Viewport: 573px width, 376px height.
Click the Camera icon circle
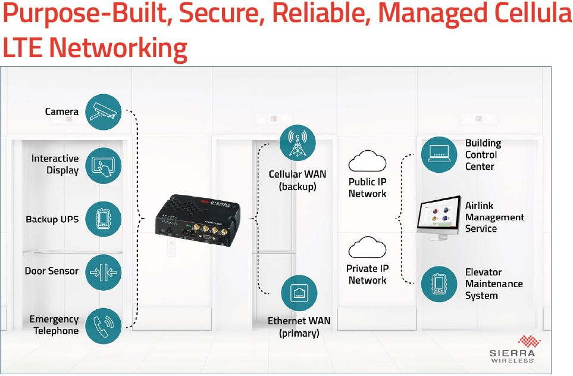pyautogui.click(x=104, y=111)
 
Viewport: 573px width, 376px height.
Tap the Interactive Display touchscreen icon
pyautogui.click(x=104, y=165)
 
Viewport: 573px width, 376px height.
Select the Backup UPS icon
pyautogui.click(x=104, y=219)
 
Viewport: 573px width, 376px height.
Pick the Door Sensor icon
pyautogui.click(x=104, y=272)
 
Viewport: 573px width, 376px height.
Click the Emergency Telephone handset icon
pyautogui.click(x=104, y=325)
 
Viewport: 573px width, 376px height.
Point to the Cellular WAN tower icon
pyautogui.click(x=297, y=143)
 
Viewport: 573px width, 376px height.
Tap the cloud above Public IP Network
pyautogui.click(x=367, y=162)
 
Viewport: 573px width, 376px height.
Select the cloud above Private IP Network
pyautogui.click(x=367, y=248)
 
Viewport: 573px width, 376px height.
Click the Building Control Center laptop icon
pyautogui.click(x=439, y=154)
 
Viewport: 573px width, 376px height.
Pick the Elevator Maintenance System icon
pyautogui.click(x=439, y=284)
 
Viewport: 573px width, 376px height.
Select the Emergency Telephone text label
pyautogui.click(x=54, y=325)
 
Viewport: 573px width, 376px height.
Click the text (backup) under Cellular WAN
pyautogui.click(x=297, y=187)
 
